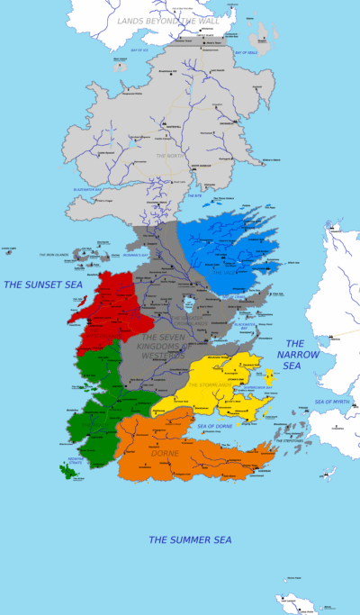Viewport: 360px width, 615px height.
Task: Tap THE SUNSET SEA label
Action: (42, 285)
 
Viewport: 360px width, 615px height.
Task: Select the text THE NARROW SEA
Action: (298, 355)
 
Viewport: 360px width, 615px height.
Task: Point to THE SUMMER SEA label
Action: (190, 539)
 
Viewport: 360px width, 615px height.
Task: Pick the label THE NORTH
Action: (169, 156)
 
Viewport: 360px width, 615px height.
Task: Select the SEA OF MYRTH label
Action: (331, 401)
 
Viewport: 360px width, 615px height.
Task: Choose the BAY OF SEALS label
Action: (247, 52)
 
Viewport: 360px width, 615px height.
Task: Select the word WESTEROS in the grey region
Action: (162, 355)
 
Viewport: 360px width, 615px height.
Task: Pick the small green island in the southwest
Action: (67, 469)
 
